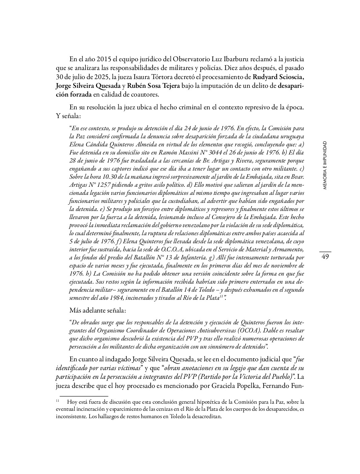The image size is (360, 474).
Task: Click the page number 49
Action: (325, 257)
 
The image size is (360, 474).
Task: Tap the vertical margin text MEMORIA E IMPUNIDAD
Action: (325, 165)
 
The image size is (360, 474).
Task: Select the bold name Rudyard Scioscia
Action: (279, 77)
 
